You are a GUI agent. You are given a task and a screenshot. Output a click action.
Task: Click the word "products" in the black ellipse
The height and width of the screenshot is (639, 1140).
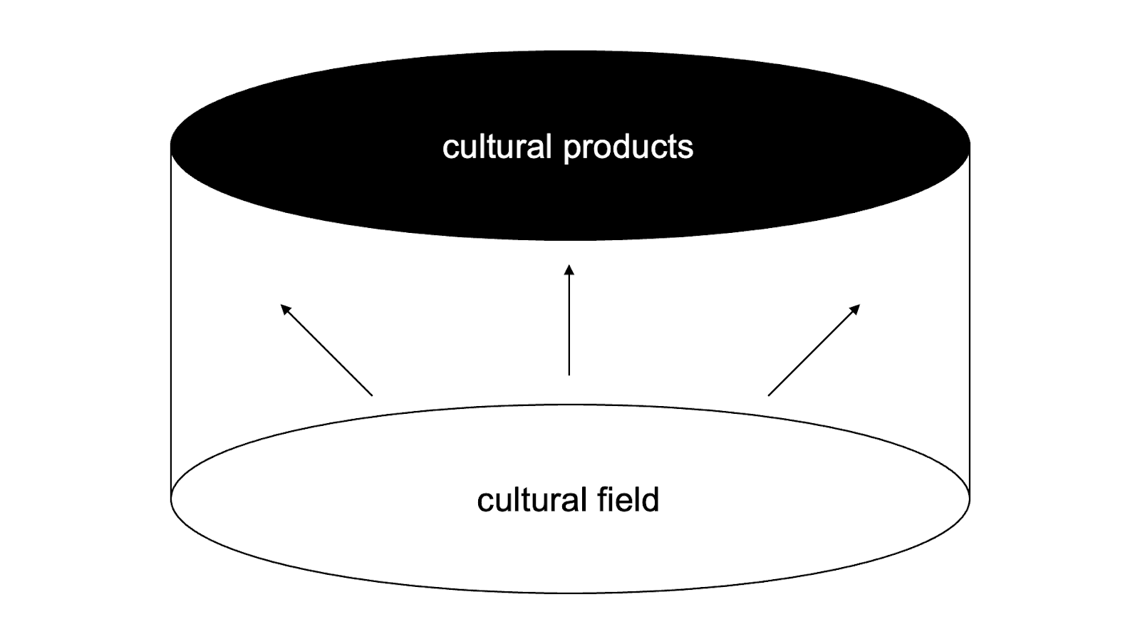[x=628, y=148]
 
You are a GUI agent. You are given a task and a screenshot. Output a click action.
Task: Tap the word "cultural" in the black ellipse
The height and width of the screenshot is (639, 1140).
[x=497, y=147]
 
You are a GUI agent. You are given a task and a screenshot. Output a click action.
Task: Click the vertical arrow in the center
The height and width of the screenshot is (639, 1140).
[x=569, y=321]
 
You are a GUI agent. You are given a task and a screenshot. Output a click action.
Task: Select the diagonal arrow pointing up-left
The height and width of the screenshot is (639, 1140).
[x=326, y=350]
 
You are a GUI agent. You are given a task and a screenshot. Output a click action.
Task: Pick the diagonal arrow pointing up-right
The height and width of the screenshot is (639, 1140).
[x=814, y=350]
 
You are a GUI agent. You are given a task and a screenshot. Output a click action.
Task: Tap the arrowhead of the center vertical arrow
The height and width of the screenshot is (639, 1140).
[x=569, y=269]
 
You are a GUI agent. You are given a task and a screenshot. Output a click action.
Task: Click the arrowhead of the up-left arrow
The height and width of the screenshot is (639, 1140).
[x=285, y=308]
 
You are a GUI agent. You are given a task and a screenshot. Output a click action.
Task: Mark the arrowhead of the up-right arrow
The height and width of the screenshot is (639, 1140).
[x=856, y=308]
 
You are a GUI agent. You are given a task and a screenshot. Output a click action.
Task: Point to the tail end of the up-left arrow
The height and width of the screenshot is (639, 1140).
[x=371, y=394]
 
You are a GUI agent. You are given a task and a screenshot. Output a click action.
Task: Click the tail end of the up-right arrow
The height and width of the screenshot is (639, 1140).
[x=769, y=395]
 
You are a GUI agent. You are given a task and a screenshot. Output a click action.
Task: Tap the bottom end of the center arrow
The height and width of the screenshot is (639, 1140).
[x=569, y=373]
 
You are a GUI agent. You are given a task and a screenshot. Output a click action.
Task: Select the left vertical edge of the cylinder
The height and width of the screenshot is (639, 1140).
[x=172, y=321]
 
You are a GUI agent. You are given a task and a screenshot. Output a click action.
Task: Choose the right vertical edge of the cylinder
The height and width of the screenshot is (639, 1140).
[x=969, y=321]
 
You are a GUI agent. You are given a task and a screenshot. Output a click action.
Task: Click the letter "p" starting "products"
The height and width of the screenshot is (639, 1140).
[x=570, y=150]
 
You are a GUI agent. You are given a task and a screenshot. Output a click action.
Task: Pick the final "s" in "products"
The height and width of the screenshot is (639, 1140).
[x=686, y=147]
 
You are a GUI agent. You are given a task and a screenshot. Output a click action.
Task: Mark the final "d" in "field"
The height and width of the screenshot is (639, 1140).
[x=651, y=499]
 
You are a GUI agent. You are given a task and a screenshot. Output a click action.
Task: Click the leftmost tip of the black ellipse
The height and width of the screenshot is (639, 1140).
[x=172, y=145]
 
